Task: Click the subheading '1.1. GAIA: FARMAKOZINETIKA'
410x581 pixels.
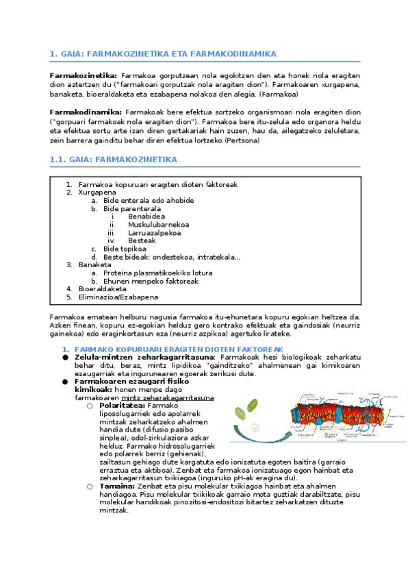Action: (x=113, y=160)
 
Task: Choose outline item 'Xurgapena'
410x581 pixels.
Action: (x=97, y=193)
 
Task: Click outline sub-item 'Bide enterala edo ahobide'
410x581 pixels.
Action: (x=148, y=201)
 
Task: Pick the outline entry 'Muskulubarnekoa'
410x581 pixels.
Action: (x=158, y=224)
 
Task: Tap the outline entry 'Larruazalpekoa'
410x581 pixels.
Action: (x=154, y=232)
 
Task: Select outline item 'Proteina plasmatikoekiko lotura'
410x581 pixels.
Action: (x=157, y=273)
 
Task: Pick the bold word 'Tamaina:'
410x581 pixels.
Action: (x=116, y=486)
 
